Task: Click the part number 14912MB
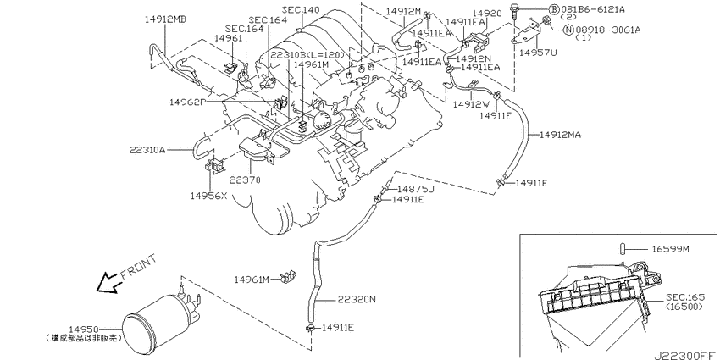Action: (165, 19)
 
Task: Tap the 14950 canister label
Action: (84, 330)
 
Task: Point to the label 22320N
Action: (357, 299)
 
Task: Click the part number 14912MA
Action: (560, 135)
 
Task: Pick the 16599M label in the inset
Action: (670, 249)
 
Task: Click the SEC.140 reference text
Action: (301, 9)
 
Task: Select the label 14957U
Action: (538, 53)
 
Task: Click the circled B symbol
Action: (554, 9)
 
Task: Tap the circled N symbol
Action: (568, 30)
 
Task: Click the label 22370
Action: (246, 180)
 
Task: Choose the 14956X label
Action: (209, 196)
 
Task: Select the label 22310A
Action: (147, 150)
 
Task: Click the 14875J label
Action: (416, 189)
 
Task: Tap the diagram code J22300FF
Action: (686, 355)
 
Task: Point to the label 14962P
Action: (188, 102)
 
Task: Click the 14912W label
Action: (472, 104)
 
